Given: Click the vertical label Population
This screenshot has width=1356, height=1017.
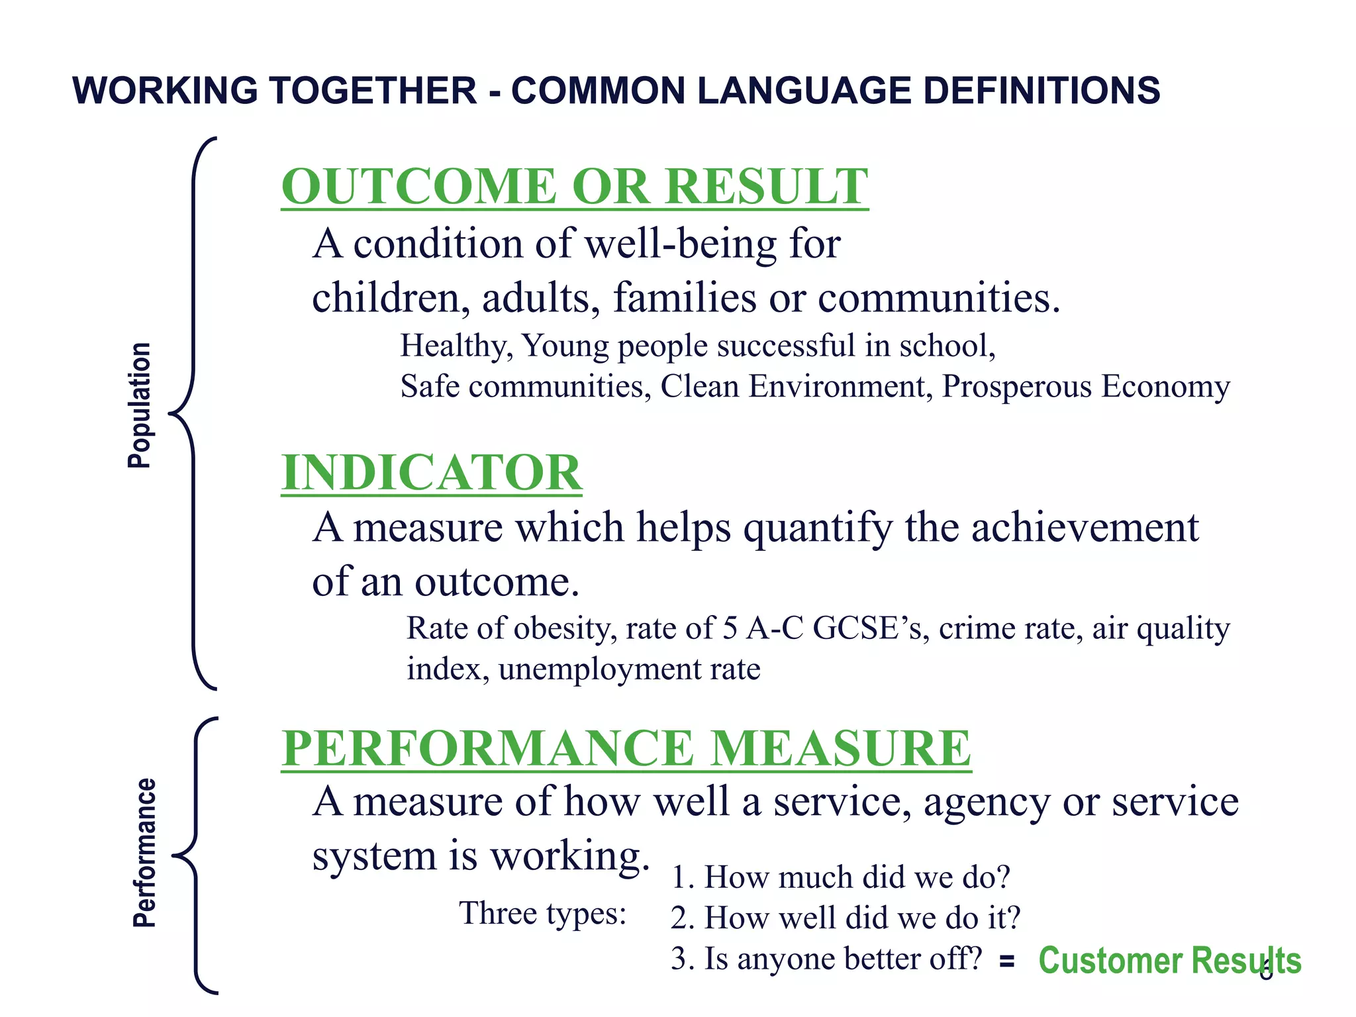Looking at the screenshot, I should [140, 405].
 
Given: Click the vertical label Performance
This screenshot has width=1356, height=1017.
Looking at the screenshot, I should [144, 853].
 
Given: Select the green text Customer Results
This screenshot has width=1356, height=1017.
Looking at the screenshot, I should [1169, 961].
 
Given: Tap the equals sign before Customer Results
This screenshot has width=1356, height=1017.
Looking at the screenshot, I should [1007, 961].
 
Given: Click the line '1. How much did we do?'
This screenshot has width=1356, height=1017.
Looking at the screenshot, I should [840, 877].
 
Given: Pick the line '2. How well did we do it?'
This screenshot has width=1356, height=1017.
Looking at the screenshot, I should [846, 918].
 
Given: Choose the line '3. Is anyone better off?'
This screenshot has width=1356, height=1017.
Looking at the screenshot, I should [826, 959].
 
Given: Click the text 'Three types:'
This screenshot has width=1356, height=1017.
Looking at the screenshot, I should [543, 914].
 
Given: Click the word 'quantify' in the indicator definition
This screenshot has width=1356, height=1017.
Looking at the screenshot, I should [818, 528].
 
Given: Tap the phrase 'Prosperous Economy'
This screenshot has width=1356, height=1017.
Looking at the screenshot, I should [1086, 386].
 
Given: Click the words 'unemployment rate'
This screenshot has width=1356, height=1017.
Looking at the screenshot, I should [629, 669].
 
